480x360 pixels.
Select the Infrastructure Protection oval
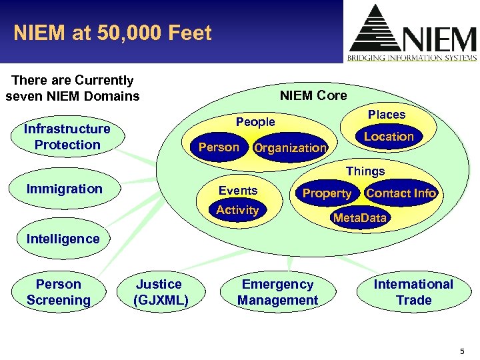67,137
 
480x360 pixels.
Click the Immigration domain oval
65,189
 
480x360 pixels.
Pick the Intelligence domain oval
63,239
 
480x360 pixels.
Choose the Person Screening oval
59,292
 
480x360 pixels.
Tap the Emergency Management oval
277,292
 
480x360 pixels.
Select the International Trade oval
413,292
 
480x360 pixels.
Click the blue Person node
219,147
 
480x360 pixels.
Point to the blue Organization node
291,148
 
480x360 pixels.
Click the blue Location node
389,137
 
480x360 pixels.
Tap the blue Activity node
237,210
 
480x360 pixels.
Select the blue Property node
327,193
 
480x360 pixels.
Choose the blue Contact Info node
401,193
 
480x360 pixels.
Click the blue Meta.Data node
359,218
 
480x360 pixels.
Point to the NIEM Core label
313,95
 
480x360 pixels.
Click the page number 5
462,351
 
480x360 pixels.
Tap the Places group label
387,115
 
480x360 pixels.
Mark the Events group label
238,191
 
